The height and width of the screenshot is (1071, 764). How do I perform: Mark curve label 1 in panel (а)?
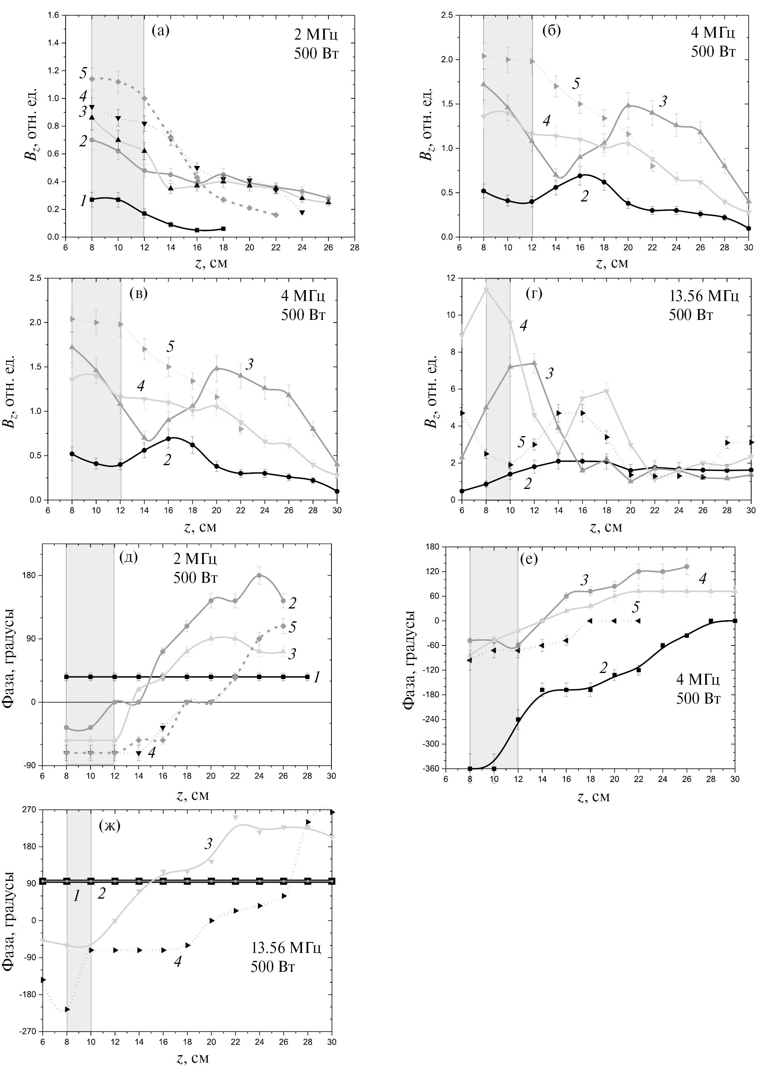click(x=83, y=201)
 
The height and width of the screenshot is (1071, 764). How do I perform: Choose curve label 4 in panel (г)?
click(x=523, y=325)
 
